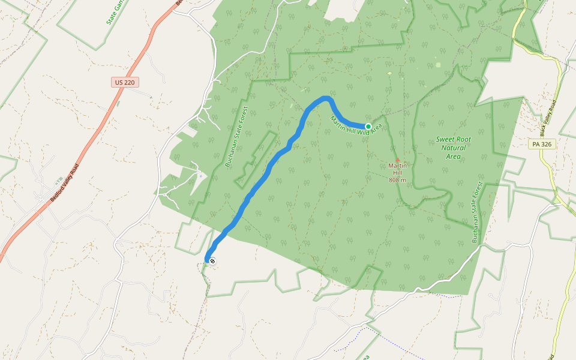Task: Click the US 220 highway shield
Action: coord(123,82)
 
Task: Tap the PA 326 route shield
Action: coord(541,144)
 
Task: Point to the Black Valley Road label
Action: coord(547,118)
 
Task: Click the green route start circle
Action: coord(368,126)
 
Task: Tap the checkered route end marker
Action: coord(212,260)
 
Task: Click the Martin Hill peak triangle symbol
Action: coord(397,160)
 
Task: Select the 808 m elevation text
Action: coord(397,180)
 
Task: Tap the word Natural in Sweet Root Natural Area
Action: coord(453,148)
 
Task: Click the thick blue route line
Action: coord(264,174)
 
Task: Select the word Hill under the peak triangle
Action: coord(397,172)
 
